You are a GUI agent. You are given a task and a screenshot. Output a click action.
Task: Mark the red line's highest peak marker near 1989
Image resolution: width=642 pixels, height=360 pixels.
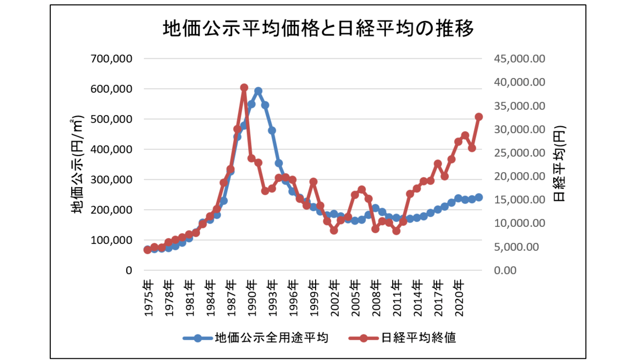pos(244,88)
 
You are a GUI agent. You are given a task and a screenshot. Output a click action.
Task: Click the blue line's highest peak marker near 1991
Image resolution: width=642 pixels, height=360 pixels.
pos(258,91)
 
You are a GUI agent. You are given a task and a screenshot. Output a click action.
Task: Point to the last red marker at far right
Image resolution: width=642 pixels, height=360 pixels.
pos(479,117)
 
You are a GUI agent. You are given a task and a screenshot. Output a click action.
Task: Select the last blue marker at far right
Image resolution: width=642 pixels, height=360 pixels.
pos(479,197)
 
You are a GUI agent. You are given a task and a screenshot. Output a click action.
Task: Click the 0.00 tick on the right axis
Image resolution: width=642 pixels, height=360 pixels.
pos(505,271)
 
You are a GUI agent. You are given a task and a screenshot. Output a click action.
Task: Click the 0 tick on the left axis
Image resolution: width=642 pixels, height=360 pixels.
pos(128,271)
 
